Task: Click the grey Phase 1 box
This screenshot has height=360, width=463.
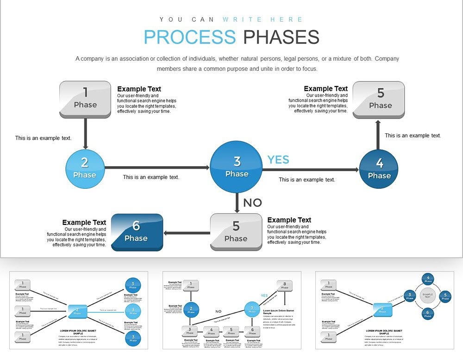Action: coord(85,99)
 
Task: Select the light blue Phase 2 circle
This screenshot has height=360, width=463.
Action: coord(85,168)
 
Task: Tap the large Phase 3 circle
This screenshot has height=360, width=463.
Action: coord(237,167)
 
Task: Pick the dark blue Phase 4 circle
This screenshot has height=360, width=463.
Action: coord(379,169)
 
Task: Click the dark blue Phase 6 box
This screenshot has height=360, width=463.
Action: coord(136,232)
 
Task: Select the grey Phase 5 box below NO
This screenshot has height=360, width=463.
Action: coord(236,232)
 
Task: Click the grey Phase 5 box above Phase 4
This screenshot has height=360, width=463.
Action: coord(379,99)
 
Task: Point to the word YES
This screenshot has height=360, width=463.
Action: coord(278,160)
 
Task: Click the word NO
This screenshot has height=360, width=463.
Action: coord(252,203)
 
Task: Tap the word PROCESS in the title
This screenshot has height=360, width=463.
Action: coord(189,37)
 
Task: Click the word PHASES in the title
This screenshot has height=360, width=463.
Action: coord(281,37)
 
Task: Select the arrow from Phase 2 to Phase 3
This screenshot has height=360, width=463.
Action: coord(157,168)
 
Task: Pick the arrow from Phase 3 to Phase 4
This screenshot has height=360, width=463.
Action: coord(310,170)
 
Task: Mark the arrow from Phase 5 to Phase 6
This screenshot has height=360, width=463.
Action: coord(187,233)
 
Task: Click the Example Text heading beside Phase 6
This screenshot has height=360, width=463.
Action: coord(84,223)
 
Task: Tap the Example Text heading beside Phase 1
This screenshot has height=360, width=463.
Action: coord(139,89)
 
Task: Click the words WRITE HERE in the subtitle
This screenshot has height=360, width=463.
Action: coord(263,19)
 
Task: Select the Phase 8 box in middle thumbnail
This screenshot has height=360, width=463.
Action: coord(284,286)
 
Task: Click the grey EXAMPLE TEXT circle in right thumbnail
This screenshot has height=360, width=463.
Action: coord(427,295)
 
